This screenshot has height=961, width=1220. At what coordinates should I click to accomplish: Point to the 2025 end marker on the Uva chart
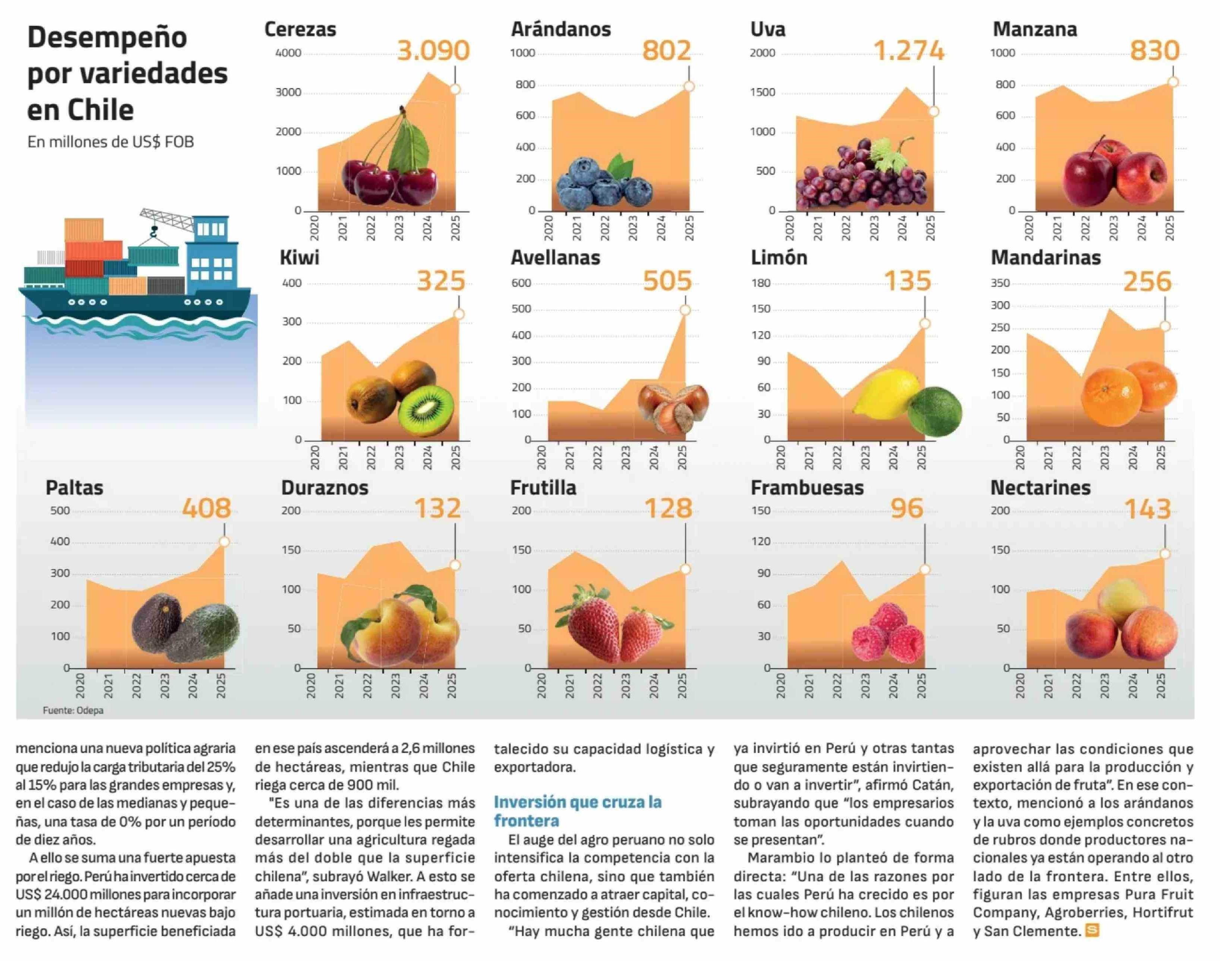(934, 111)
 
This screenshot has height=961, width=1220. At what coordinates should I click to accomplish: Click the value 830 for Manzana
(1154, 51)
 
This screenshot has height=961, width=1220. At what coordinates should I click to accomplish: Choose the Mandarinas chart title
(1045, 258)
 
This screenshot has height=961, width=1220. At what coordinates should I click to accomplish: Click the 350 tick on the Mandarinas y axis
(1000, 283)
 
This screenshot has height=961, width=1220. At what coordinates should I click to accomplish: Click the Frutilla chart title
(543, 488)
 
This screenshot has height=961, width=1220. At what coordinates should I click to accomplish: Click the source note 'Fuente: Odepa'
(73, 711)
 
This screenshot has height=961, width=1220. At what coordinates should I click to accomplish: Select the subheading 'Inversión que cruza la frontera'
(577, 811)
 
